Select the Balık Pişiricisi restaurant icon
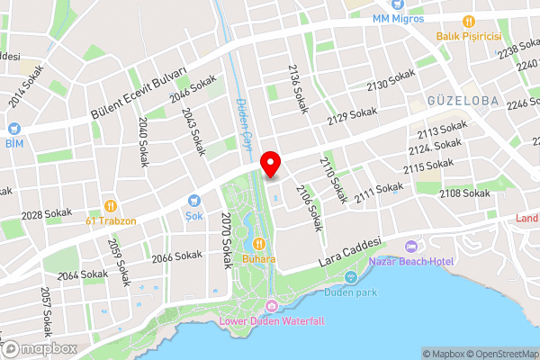[468, 21]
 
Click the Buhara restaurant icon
[258, 243]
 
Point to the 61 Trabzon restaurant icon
[110, 205]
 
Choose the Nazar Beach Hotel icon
[411, 247]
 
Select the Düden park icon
[350, 275]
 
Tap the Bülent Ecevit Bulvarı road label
[139, 93]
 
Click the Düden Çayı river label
[243, 123]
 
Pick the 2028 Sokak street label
[45, 215]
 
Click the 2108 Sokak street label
[464, 193]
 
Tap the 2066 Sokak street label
[176, 256]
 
